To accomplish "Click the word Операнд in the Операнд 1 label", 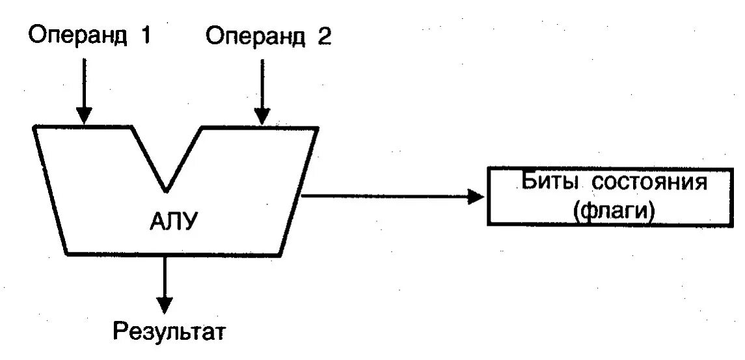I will (x=77, y=36).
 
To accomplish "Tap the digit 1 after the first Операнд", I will (x=144, y=35).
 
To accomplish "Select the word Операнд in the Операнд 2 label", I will (x=255, y=37).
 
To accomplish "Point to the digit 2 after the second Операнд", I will (x=324, y=36).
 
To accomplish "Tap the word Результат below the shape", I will (x=169, y=332).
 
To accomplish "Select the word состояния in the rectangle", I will (x=649, y=182).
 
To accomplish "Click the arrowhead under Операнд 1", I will (x=83, y=116).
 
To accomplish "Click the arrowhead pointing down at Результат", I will (x=165, y=303).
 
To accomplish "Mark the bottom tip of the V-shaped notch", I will (x=167, y=190).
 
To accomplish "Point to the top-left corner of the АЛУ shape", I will (x=34, y=128).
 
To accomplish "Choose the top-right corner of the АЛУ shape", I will (x=317, y=128).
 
